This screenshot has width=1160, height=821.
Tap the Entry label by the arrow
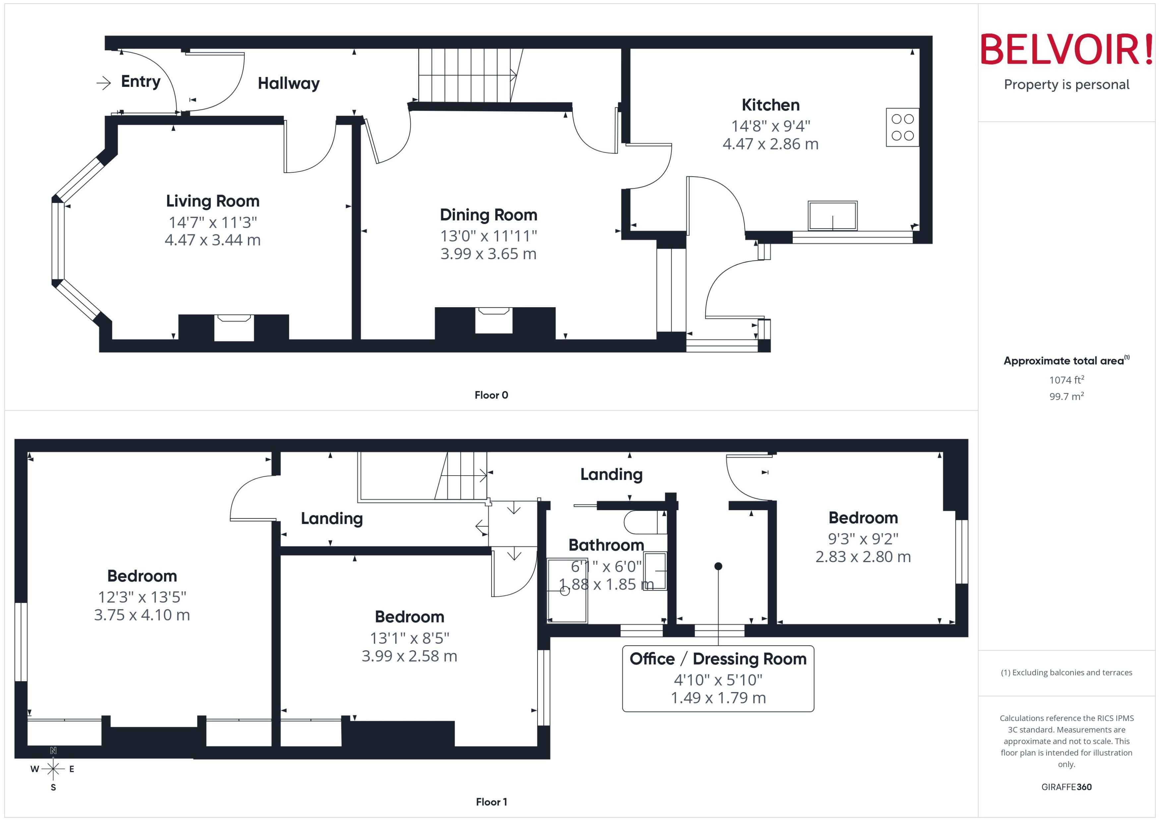[x=141, y=82]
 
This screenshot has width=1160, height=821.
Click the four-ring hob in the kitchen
[x=902, y=127]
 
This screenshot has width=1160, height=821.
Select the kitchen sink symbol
[x=832, y=216]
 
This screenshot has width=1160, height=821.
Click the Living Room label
[x=213, y=201]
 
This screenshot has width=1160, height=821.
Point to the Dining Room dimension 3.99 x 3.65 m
[x=488, y=254]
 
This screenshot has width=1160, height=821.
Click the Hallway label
[x=289, y=84]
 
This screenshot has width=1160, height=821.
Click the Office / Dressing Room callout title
[x=718, y=659]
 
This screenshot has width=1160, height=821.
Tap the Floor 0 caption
[x=491, y=395]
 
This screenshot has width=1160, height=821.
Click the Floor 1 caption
[x=491, y=802]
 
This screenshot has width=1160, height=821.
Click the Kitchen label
[x=770, y=105]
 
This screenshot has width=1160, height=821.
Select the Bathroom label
[x=606, y=545]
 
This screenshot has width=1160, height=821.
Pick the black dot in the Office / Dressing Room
[x=718, y=566]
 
